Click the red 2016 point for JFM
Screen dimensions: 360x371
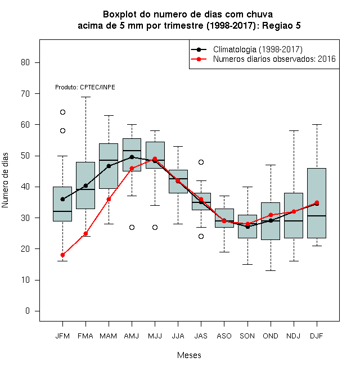click(x=62, y=255)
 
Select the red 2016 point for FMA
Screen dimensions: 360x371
click(x=85, y=233)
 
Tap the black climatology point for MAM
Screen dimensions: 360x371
click(x=109, y=166)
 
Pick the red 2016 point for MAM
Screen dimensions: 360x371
click(x=109, y=199)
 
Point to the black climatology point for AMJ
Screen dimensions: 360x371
click(x=132, y=157)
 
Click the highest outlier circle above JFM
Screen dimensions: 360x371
click(x=62, y=112)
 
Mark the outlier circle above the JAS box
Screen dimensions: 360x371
click(x=201, y=162)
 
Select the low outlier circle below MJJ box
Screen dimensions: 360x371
click(x=155, y=228)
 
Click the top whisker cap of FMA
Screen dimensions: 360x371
click(x=85, y=97)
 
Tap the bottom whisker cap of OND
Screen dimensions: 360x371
click(x=271, y=270)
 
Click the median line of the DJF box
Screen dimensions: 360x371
click(x=317, y=216)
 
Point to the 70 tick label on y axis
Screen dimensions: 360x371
click(x=25, y=94)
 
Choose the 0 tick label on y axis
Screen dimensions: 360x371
click(x=28, y=311)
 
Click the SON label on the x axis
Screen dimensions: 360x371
click(x=247, y=336)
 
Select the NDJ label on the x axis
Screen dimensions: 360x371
click(x=294, y=336)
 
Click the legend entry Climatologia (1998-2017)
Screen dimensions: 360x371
click(x=258, y=49)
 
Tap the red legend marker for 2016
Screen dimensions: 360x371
click(x=199, y=59)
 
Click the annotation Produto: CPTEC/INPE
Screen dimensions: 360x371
click(x=85, y=87)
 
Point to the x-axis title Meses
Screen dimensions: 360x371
click(x=189, y=355)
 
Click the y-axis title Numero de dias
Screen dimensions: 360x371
click(x=5, y=180)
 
